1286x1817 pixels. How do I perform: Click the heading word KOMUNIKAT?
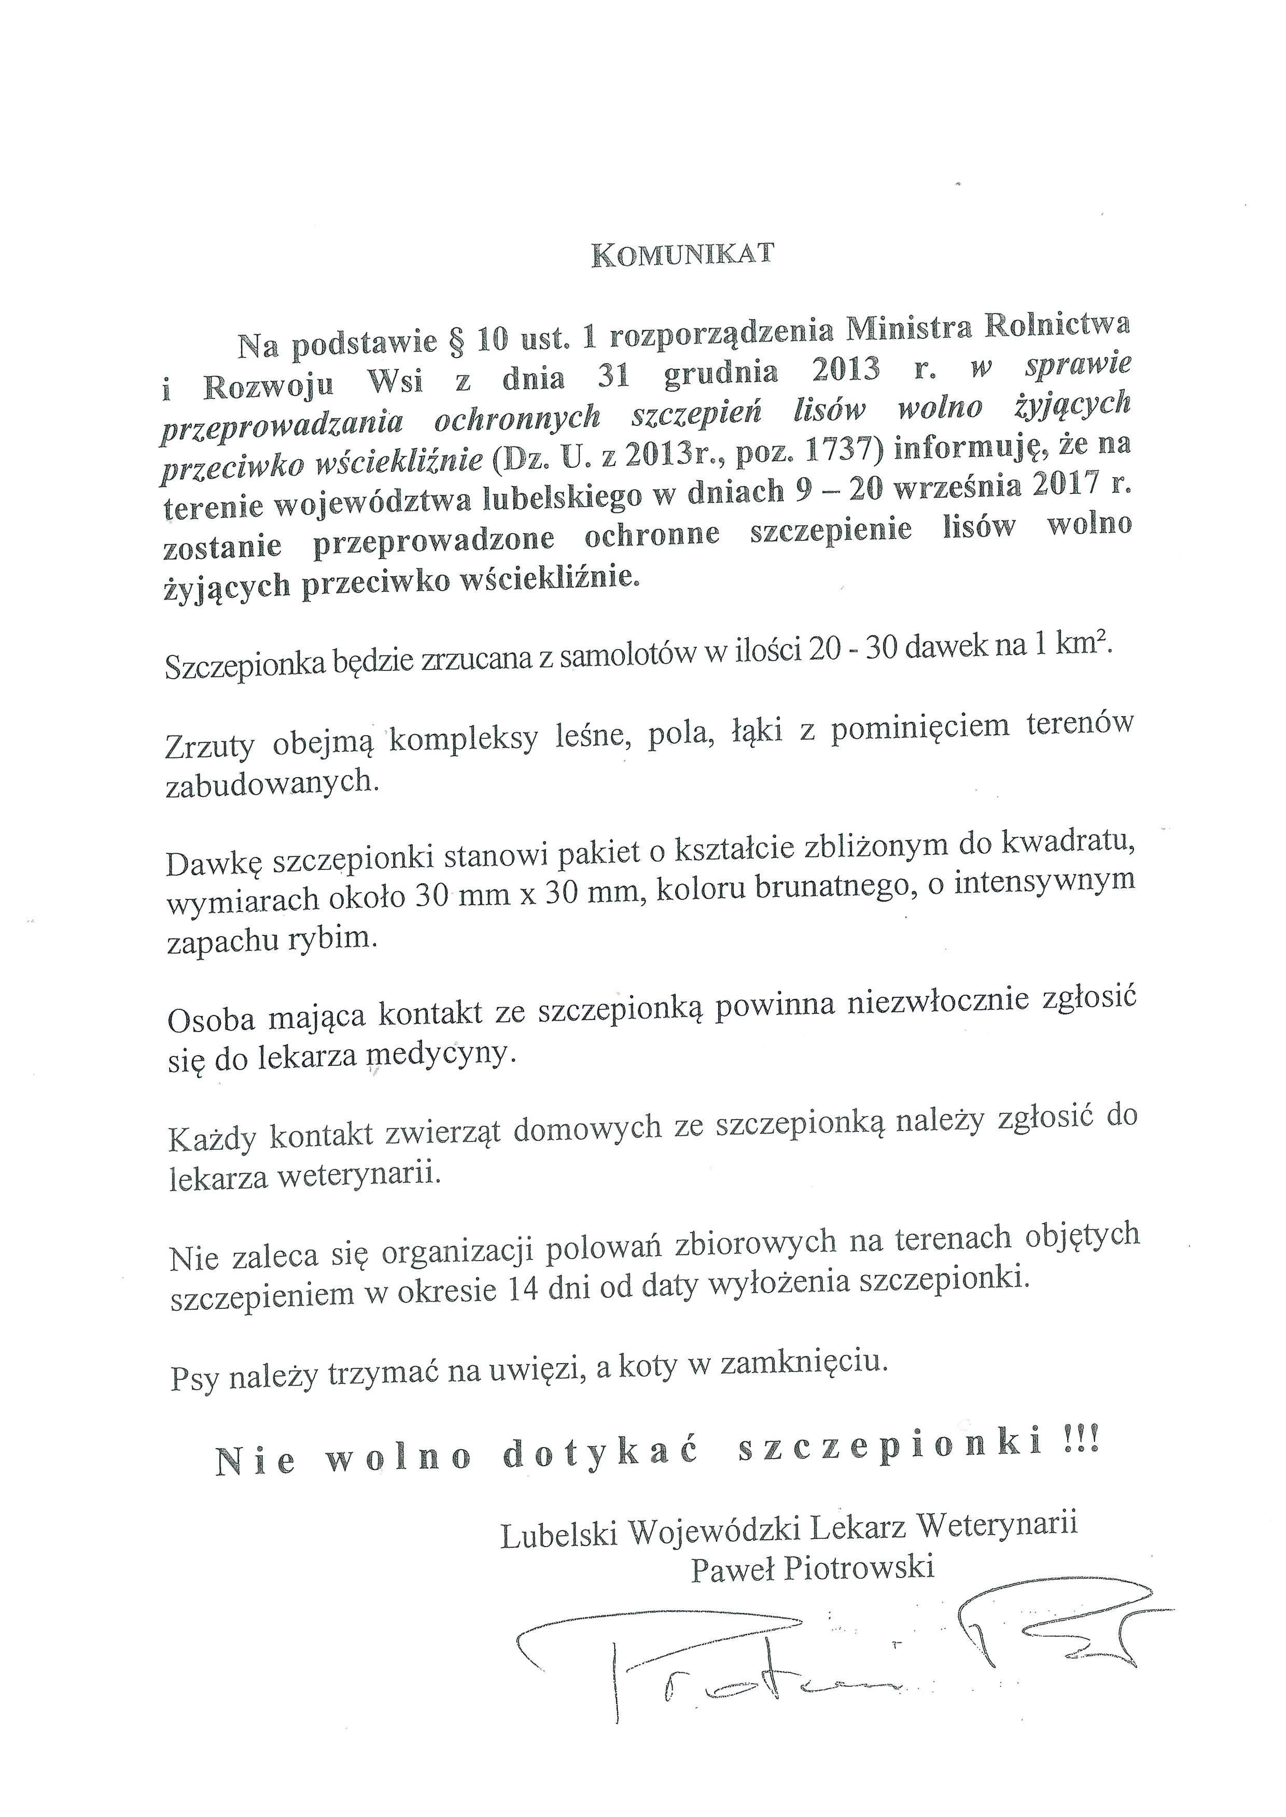point(682,255)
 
